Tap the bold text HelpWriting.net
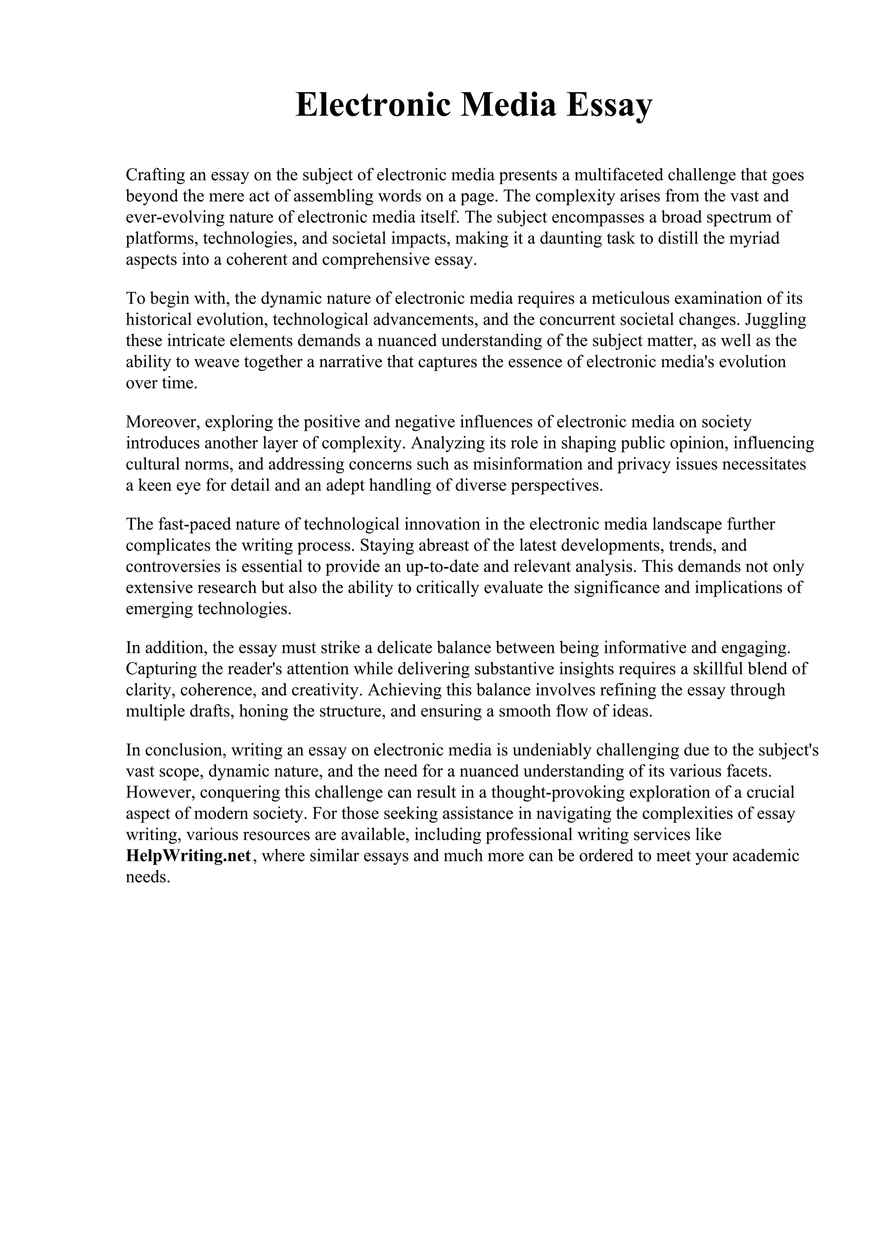click(x=188, y=856)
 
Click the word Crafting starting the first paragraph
click(x=156, y=175)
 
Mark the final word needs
click(x=148, y=877)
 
